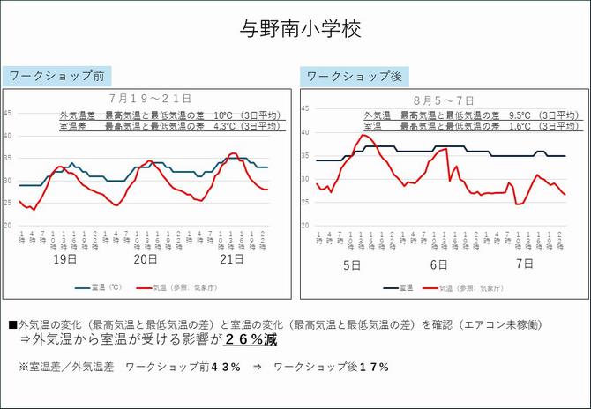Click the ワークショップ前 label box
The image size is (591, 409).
click(56, 76)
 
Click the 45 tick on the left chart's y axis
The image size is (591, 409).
click(8, 113)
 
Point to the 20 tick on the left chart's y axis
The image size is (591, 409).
click(8, 226)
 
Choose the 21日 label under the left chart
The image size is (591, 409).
click(231, 261)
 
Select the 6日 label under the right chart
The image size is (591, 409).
click(438, 264)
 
